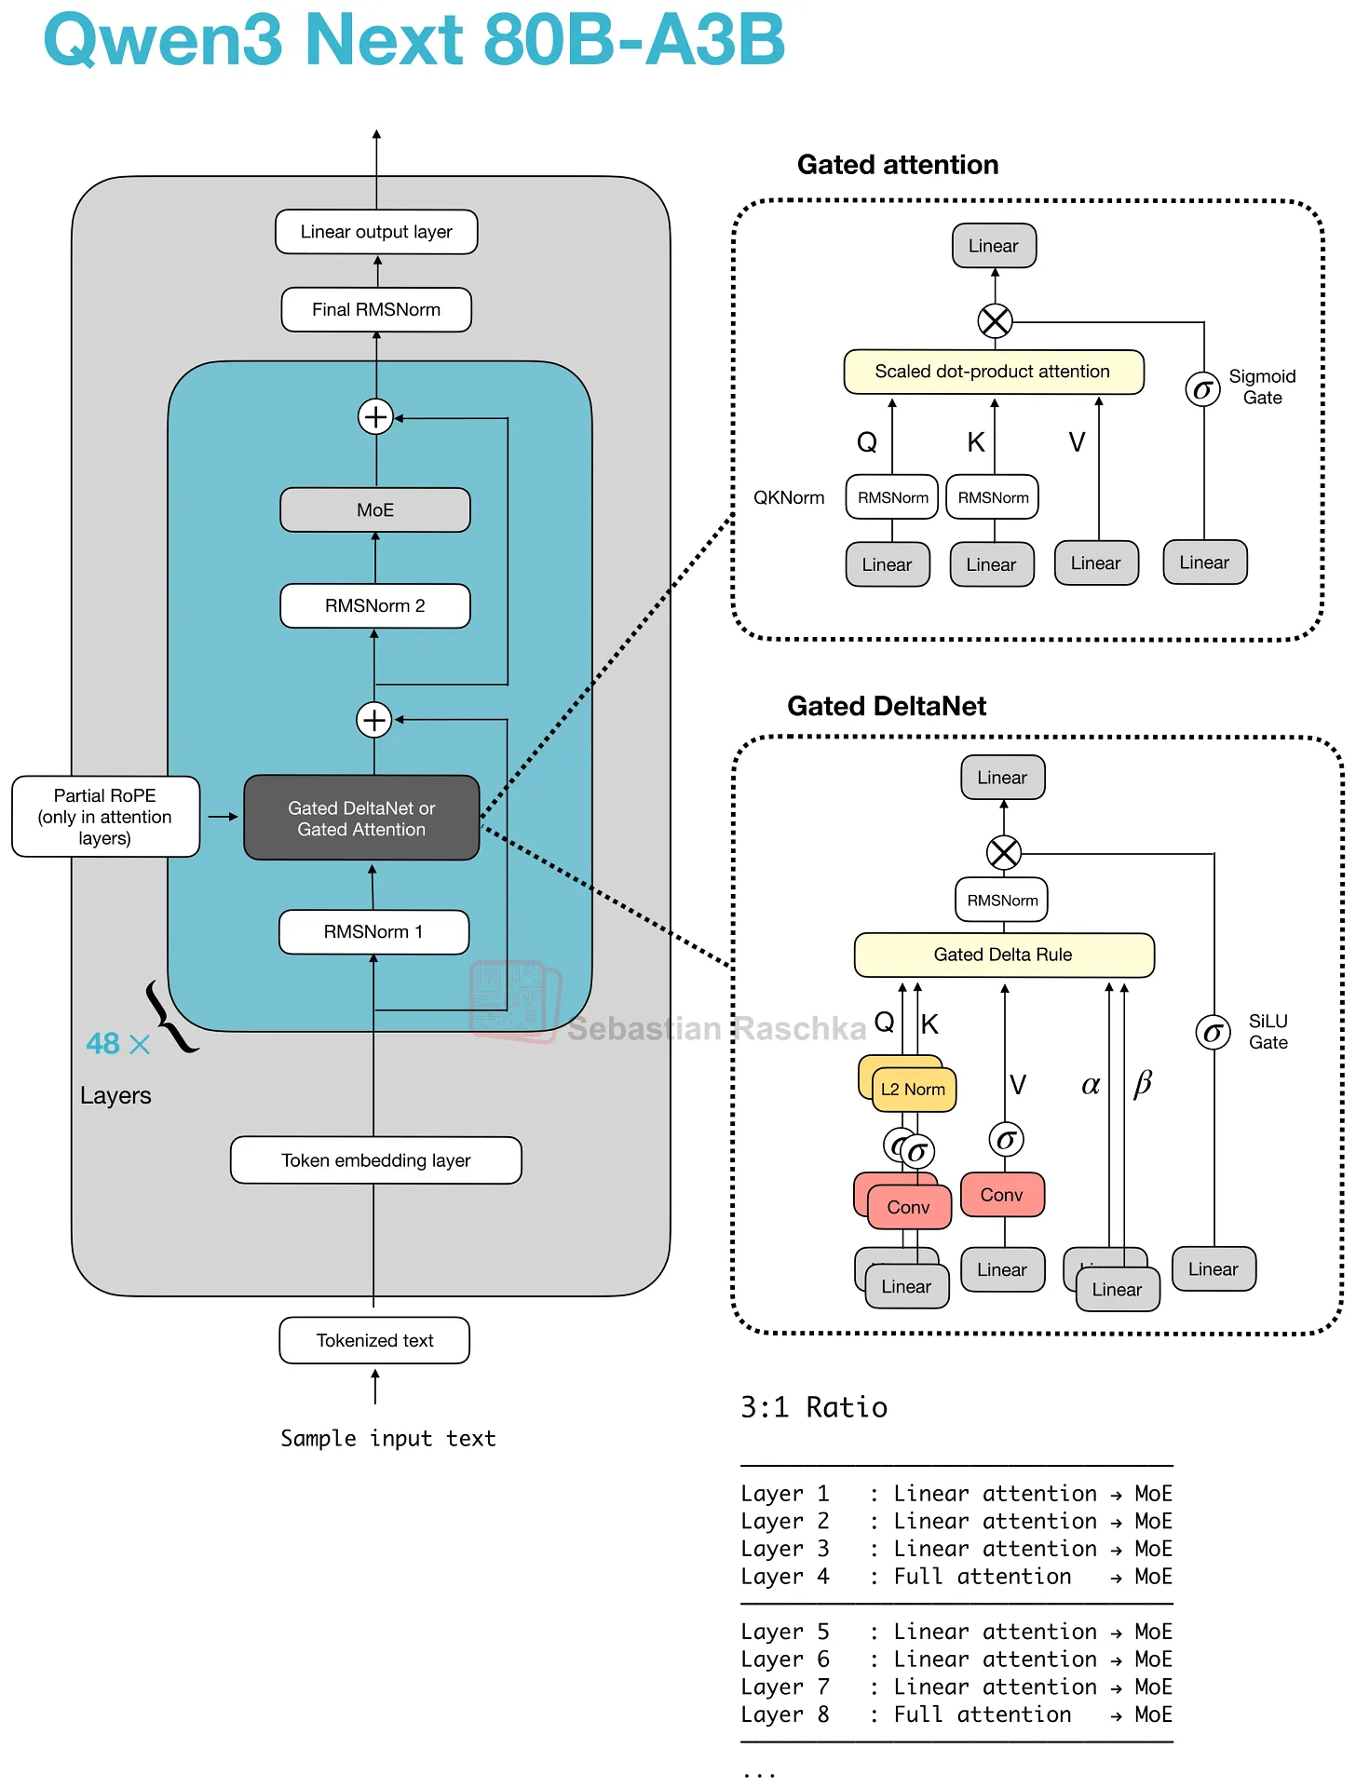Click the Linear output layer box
376,232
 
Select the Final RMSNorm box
376,309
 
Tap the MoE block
375,509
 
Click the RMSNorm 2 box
375,605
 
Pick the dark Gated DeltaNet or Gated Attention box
361,818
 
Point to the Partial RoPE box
105,816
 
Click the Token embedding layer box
376,1160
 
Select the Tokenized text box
374,1340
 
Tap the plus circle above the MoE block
375,416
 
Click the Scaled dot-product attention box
993,372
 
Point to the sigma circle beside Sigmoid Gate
1202,389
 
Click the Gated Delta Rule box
1003,955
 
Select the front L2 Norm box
914,1090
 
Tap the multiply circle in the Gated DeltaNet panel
1003,852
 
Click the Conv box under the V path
1002,1195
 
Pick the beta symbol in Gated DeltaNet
1142,1083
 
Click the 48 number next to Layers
102,1044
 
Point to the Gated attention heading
898,165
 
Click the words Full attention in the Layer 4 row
982,1577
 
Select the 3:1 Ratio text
814,1407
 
